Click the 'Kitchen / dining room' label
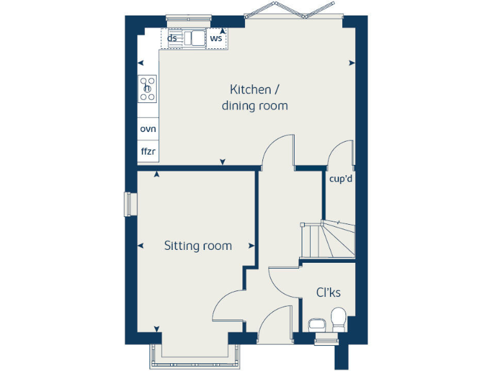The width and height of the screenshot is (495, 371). click(255, 97)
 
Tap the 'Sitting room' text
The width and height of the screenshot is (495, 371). click(198, 245)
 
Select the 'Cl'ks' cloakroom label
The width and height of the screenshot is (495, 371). click(328, 292)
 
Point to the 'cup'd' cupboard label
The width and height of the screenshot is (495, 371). click(340, 179)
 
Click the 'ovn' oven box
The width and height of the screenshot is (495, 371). click(148, 128)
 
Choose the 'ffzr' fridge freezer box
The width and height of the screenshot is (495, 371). click(148, 152)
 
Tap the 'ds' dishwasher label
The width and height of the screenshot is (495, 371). click(172, 38)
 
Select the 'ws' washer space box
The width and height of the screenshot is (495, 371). click(217, 38)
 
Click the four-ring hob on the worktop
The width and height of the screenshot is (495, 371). click(148, 88)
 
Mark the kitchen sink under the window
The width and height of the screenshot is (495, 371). click(193, 38)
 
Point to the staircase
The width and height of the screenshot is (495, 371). click(327, 240)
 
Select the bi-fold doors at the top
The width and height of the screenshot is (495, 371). click(293, 12)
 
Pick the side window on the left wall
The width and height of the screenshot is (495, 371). click(128, 204)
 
